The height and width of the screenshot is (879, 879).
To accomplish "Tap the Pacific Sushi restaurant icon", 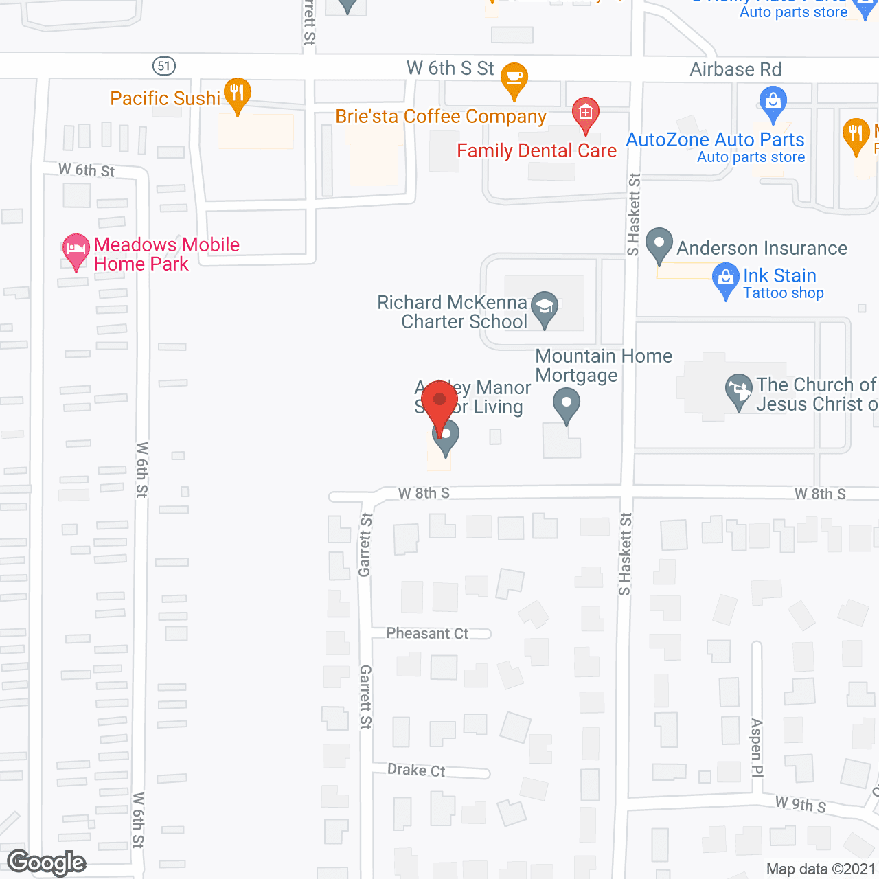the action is pos(237,94).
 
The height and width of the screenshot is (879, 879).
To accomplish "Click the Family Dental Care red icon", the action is pos(586,113).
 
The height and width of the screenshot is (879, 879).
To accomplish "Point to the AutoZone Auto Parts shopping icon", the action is pos(773,103).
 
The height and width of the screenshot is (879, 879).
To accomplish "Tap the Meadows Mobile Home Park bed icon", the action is pos(76,250).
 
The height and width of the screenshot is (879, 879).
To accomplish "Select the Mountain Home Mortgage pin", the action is pos(567,404).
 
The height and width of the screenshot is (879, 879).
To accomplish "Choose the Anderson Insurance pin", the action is pos(659,244).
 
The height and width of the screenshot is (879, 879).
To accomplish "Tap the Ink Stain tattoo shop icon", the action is pos(725,279).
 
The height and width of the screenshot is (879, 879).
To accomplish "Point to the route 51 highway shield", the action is pos(163,66).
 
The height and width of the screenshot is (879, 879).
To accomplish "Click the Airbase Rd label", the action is pos(735,69).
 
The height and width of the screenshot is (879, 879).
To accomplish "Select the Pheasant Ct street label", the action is pos(427,633).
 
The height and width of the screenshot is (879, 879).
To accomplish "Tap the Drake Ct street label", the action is pos(416,770).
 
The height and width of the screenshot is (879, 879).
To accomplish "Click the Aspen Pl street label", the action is pos(757,748).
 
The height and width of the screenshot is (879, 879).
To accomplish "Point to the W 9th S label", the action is pos(800,804).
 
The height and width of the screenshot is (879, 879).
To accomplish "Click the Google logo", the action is pos(47,863).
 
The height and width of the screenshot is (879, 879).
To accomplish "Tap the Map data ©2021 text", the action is pos(821,869).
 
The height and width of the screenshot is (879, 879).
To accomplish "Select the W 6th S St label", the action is pos(450,69).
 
